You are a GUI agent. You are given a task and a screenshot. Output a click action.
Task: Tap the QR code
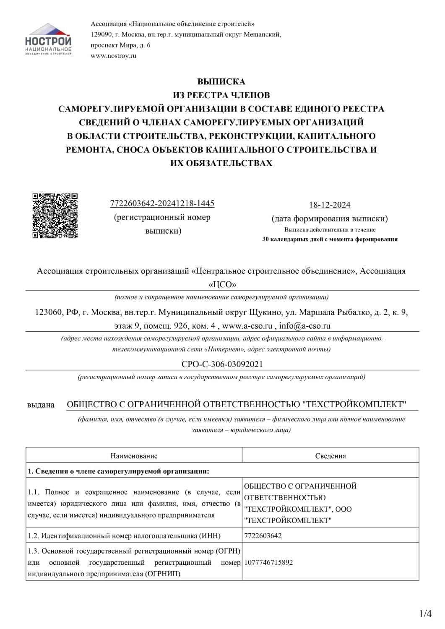click(x=55, y=216)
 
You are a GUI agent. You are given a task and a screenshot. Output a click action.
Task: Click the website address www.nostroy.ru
click(x=113, y=56)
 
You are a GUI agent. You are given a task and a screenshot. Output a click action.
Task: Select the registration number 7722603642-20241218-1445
click(x=162, y=204)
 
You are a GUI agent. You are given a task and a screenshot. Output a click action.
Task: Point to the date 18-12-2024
click(x=330, y=205)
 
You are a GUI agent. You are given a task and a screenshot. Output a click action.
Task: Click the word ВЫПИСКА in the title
click(x=221, y=82)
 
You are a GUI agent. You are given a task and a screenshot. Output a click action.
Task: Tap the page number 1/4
click(x=426, y=614)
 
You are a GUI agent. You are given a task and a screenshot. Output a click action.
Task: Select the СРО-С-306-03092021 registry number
click(x=222, y=364)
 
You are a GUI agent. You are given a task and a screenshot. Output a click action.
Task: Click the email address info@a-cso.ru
click(x=305, y=326)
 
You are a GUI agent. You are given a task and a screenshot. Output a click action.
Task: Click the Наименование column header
click(x=134, y=456)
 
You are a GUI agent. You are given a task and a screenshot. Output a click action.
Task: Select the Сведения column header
click(x=330, y=456)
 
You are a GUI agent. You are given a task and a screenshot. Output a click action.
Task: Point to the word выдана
click(x=41, y=405)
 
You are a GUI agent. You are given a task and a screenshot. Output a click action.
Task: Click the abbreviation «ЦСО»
click(x=222, y=284)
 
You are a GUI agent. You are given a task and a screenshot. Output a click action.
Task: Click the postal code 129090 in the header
click(x=101, y=35)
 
